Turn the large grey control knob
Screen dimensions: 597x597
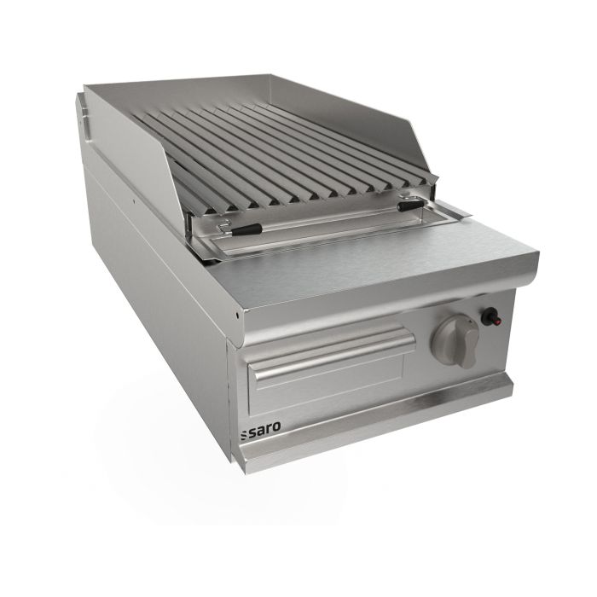[455, 337]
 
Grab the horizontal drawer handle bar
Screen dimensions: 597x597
[333, 350]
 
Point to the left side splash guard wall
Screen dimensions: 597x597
[136, 145]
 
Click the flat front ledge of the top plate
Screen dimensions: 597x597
[384, 273]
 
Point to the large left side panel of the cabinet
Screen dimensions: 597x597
[154, 256]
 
